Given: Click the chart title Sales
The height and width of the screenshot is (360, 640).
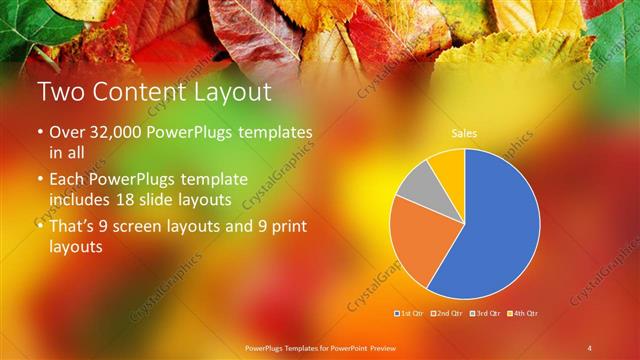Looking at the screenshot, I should tap(464, 132).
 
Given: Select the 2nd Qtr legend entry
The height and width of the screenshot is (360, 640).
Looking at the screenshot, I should tap(446, 314).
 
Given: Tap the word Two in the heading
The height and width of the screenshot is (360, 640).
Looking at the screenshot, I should tap(61, 93).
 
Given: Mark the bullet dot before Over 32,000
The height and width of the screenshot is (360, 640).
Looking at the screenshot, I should tap(40, 133).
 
